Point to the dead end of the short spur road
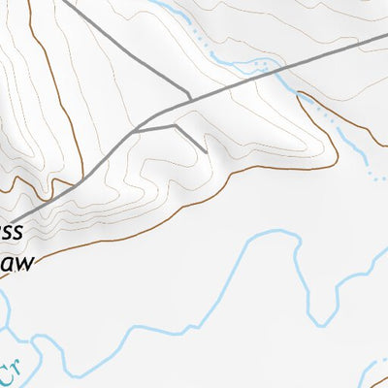click(207, 151)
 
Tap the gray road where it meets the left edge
click(2, 221)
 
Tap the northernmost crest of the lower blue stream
click(282, 232)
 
